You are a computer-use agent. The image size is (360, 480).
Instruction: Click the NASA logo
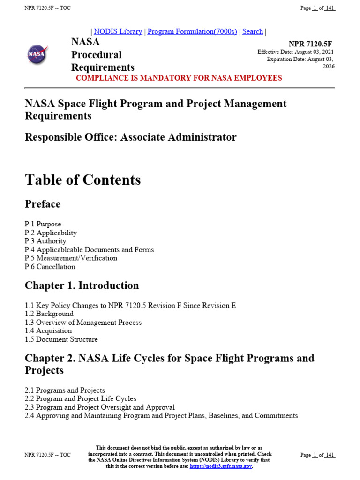point(37,54)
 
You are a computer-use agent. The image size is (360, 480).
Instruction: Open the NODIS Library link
point(118,32)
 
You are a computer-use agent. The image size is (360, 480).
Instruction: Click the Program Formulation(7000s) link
point(192,32)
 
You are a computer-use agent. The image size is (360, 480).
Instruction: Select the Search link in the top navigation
point(252,32)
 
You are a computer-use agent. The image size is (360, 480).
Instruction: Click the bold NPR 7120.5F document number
point(310,44)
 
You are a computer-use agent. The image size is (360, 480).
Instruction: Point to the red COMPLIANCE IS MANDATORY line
point(179,78)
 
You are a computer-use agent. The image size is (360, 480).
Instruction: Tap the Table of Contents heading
point(82,180)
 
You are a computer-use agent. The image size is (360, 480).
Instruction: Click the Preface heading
point(43,204)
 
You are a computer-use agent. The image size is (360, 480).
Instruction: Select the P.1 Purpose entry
point(43,224)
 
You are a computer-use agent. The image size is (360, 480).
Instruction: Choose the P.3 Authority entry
point(45,241)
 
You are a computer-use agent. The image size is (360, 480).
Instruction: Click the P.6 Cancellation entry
point(50,267)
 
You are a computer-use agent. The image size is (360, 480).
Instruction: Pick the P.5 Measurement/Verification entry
point(71,258)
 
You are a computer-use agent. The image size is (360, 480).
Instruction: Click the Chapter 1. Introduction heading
point(82,285)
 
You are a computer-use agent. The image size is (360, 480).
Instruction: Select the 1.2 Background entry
point(49,314)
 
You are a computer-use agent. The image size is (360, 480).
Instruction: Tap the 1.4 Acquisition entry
point(48,330)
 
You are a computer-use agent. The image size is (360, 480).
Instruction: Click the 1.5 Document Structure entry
point(61,339)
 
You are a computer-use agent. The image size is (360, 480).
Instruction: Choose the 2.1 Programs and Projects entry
point(65,390)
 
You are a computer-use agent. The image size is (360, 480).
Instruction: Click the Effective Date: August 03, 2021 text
point(295,52)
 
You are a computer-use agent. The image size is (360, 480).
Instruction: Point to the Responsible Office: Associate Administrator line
point(130,137)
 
